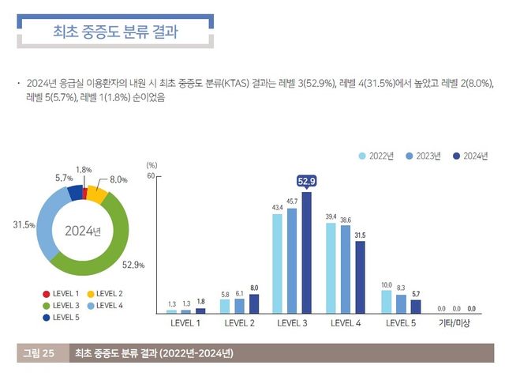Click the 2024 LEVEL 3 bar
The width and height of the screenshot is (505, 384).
(x=306, y=253)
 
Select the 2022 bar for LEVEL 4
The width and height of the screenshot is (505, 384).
(x=331, y=269)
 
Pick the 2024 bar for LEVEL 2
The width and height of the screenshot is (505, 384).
(x=254, y=304)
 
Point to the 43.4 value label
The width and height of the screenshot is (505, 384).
(x=278, y=208)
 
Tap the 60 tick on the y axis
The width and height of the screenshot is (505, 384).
(x=148, y=176)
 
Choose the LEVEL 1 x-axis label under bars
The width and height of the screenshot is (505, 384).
(x=186, y=323)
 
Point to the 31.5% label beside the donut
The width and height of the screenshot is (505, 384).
(x=23, y=226)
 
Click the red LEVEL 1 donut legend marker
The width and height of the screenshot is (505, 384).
(x=47, y=294)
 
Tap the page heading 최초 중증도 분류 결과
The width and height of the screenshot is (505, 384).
(x=114, y=32)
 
